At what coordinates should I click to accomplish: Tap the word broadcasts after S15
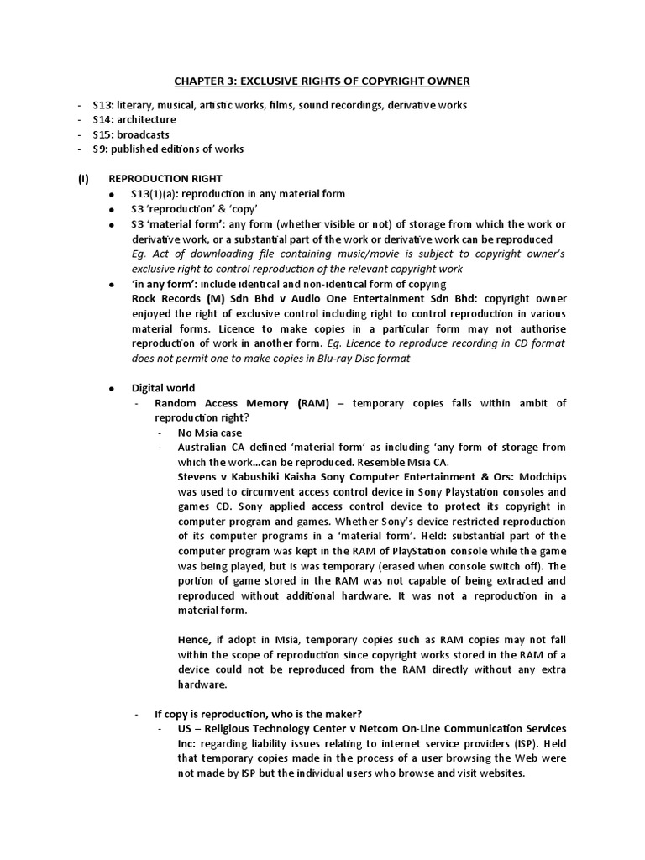(x=144, y=134)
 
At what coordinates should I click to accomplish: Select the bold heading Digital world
(x=163, y=388)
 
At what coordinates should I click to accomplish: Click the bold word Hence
(x=196, y=640)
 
